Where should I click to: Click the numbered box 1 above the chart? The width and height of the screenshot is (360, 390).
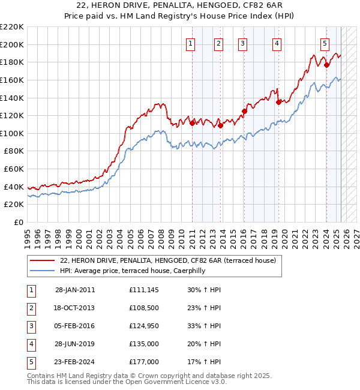(190, 43)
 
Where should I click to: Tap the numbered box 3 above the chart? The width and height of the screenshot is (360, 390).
(242, 43)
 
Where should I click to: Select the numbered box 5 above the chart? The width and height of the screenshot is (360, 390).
(325, 43)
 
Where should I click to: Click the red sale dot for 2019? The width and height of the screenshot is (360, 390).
(278, 102)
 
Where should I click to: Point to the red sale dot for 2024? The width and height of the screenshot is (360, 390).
(326, 65)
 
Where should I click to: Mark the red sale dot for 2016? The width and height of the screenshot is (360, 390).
(244, 111)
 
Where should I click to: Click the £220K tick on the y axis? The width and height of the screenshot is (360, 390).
(12, 27)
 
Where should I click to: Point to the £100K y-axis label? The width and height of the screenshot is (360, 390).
(12, 133)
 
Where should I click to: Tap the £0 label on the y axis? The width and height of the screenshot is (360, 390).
(18, 222)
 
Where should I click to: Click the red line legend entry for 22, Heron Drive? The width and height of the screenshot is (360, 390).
(168, 260)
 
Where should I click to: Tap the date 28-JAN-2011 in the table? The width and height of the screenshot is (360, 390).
(75, 290)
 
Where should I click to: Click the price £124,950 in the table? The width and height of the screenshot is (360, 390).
(144, 326)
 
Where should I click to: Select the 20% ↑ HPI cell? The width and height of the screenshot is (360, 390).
(204, 344)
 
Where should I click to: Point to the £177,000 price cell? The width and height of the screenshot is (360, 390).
(144, 362)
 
